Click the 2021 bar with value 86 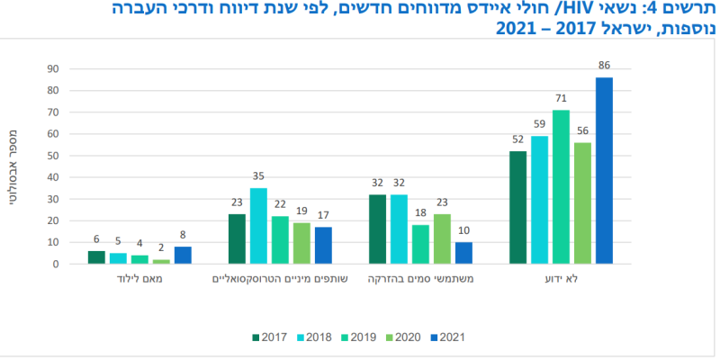(x=604, y=171)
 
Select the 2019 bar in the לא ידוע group (x=561, y=187)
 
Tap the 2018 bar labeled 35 (x=258, y=226)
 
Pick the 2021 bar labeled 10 (x=463, y=253)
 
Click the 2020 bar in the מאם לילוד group (x=161, y=262)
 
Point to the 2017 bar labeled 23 (x=237, y=238)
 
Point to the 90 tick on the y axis (x=53, y=69)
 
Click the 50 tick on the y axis (x=53, y=156)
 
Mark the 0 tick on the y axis (x=56, y=265)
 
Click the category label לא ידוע (x=561, y=280)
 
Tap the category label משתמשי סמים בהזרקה (x=420, y=280)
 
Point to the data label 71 (x=561, y=100)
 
